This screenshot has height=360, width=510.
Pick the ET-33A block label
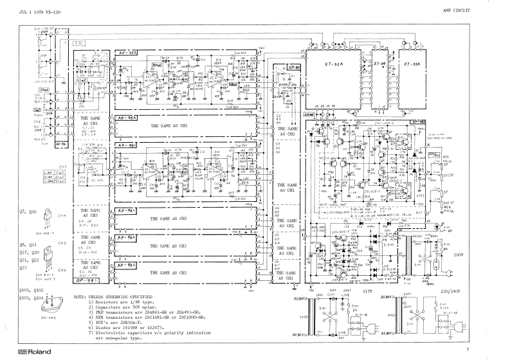(x=412, y=65)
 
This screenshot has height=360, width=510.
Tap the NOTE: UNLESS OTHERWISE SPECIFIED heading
(x=114, y=296)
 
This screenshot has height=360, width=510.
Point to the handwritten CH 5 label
(x=62, y=244)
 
